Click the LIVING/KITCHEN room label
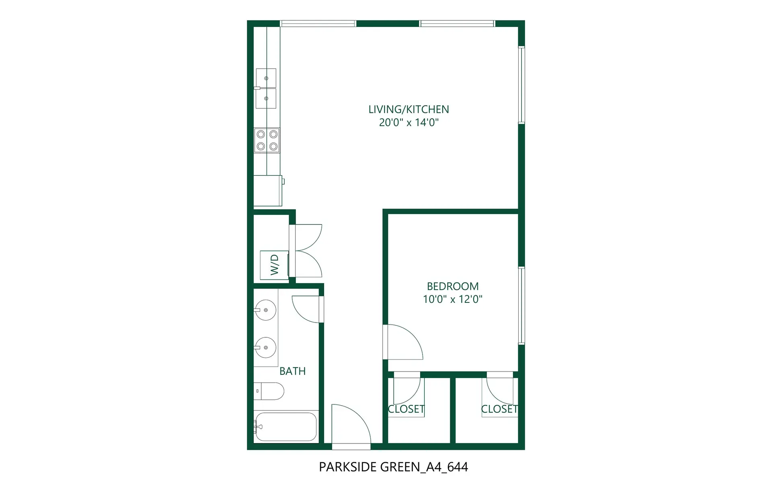(409, 109)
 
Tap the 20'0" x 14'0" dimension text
(409, 123)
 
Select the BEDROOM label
(453, 286)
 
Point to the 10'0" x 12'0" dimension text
(453, 299)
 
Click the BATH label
(292, 371)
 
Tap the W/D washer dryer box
(274, 265)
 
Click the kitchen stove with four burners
(267, 141)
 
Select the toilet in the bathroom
(269, 391)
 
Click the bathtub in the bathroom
(286, 427)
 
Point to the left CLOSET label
(406, 409)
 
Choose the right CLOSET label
(499, 409)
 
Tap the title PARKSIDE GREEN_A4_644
(393, 467)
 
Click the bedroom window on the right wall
(522, 305)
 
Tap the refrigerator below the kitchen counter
(268, 190)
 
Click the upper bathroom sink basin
(265, 310)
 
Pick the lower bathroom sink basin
(265, 347)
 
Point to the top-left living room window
(318, 24)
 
